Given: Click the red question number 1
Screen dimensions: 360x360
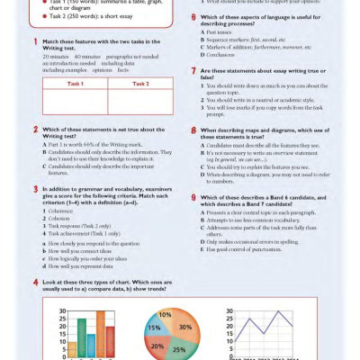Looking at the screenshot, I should click(x=34, y=41).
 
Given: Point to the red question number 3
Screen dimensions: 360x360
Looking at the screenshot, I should click(x=34, y=190).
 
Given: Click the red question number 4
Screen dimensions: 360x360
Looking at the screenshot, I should click(x=34, y=282).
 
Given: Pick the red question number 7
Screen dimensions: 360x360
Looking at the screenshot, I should click(x=192, y=69).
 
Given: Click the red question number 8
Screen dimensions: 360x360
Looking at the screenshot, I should click(x=192, y=130).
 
